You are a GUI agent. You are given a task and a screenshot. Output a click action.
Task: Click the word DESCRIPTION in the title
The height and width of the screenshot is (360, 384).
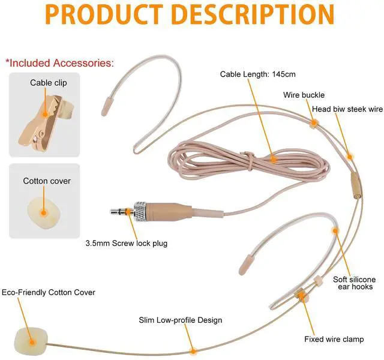[253, 14]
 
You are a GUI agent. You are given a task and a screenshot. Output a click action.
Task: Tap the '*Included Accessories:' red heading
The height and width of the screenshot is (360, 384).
[59, 62]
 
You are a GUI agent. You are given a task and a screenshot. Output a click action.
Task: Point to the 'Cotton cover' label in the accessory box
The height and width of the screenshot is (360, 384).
[47, 181]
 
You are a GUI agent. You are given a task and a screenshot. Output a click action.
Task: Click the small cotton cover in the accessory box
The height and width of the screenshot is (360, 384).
[43, 211]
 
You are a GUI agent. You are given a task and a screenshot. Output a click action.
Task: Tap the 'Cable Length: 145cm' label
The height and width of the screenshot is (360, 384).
[257, 74]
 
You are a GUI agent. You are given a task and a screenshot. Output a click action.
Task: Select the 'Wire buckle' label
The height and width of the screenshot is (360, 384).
[304, 95]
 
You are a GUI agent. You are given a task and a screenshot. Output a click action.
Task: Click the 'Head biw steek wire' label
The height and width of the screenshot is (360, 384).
[347, 109]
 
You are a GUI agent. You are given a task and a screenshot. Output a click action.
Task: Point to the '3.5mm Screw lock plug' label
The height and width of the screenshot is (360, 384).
[127, 244]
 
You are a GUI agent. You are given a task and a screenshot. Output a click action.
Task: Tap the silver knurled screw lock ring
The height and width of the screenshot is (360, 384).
[140, 212]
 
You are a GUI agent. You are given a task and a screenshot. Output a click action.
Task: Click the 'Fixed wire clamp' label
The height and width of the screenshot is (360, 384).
[334, 340]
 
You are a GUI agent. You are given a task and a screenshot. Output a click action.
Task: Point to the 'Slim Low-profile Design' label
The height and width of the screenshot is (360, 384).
[181, 320]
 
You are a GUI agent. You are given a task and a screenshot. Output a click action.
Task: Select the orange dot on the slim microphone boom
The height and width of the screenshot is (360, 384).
[193, 351]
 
